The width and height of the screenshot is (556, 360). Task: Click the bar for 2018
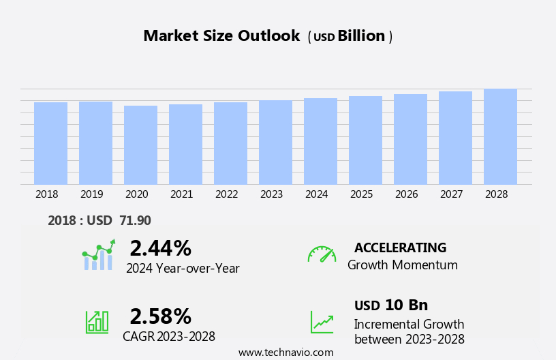coord(50,143)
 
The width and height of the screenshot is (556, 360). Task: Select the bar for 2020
coord(140,145)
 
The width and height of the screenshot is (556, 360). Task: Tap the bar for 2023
coord(275,142)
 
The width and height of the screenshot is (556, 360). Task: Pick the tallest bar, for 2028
coord(500,136)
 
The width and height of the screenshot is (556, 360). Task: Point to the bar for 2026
coord(410,139)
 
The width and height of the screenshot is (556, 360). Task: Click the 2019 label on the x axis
coord(91,194)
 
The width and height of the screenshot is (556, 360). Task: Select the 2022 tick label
coord(226,194)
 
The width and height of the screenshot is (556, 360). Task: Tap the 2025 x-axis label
coord(361,194)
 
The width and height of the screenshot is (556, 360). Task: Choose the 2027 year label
coord(451,194)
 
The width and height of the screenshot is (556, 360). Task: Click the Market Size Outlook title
coord(221,36)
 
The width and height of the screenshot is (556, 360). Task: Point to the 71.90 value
coord(135,220)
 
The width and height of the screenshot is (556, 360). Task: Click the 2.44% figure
coord(160,248)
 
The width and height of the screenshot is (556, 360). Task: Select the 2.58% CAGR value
coord(160,316)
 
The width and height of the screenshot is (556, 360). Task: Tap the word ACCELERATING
coord(400,247)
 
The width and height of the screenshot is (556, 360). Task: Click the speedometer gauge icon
coord(322,254)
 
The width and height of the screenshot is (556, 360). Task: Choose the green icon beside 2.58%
coord(97,321)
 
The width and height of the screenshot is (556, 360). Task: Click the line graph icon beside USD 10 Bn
coord(322,322)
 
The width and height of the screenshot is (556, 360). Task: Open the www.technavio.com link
coord(285,352)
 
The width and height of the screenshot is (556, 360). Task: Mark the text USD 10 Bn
coord(391,305)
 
